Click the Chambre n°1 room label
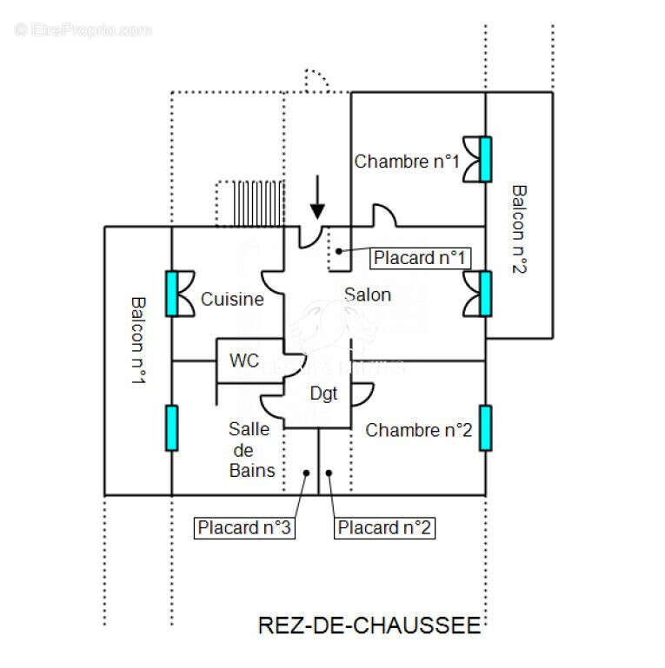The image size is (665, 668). tap(406, 161)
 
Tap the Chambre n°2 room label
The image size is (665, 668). tap(418, 430)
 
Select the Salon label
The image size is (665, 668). tap(367, 294)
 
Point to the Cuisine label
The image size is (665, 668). tap(232, 299)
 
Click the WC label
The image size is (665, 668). tap(244, 360)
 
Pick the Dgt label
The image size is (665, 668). tap(323, 394)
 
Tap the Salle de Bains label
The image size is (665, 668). tap(251, 450)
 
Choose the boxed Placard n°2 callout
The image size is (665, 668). tap(384, 527)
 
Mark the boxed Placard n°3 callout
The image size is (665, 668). tap(244, 527)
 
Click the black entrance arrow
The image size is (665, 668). tap(318, 197)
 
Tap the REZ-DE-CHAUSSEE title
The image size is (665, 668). tap(369, 625)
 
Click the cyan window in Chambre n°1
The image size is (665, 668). tap(485, 159)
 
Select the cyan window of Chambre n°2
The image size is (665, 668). tap(485, 427)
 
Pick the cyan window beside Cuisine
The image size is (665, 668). tap(171, 293)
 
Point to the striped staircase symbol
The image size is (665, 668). tap(250, 203)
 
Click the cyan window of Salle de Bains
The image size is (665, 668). tap(171, 427)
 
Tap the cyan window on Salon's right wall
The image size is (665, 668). tap(485, 293)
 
